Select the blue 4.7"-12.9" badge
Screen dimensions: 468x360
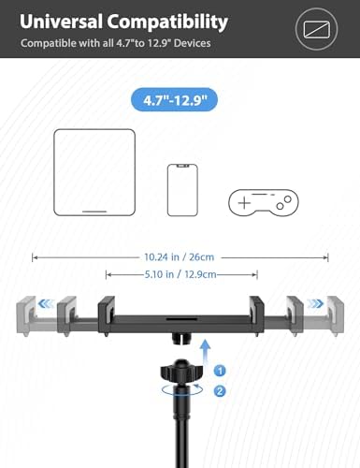pyautogui.click(x=180, y=96)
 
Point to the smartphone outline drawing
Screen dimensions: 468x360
pyautogui.click(x=180, y=188)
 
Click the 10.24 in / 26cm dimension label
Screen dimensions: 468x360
pyautogui.click(x=180, y=255)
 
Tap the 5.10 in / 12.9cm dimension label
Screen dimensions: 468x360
pyautogui.click(x=181, y=274)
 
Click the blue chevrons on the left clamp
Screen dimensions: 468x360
pyautogui.click(x=46, y=303)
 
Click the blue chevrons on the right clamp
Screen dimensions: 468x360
pyautogui.click(x=316, y=303)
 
